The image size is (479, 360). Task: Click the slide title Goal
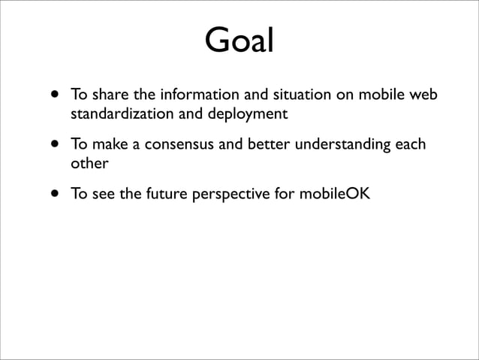click(239, 42)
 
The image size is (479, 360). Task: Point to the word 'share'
click(107, 96)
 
